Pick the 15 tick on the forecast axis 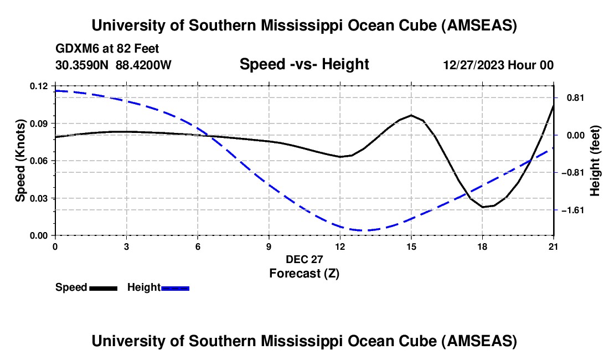click(x=411, y=246)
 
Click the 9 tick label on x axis click(x=269, y=246)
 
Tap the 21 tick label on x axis click(x=553, y=246)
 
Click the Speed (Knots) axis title click(x=20, y=161)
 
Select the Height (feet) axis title click(x=595, y=161)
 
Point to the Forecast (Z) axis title click(x=304, y=273)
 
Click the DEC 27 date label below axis click(x=304, y=259)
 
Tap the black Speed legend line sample click(x=103, y=287)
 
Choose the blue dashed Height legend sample click(x=175, y=287)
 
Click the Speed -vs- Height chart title click(x=304, y=65)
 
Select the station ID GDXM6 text click(x=74, y=49)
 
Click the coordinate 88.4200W click(x=143, y=65)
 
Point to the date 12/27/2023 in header click(x=474, y=65)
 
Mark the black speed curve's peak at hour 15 click(x=411, y=115)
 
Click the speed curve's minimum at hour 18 click(x=483, y=207)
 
